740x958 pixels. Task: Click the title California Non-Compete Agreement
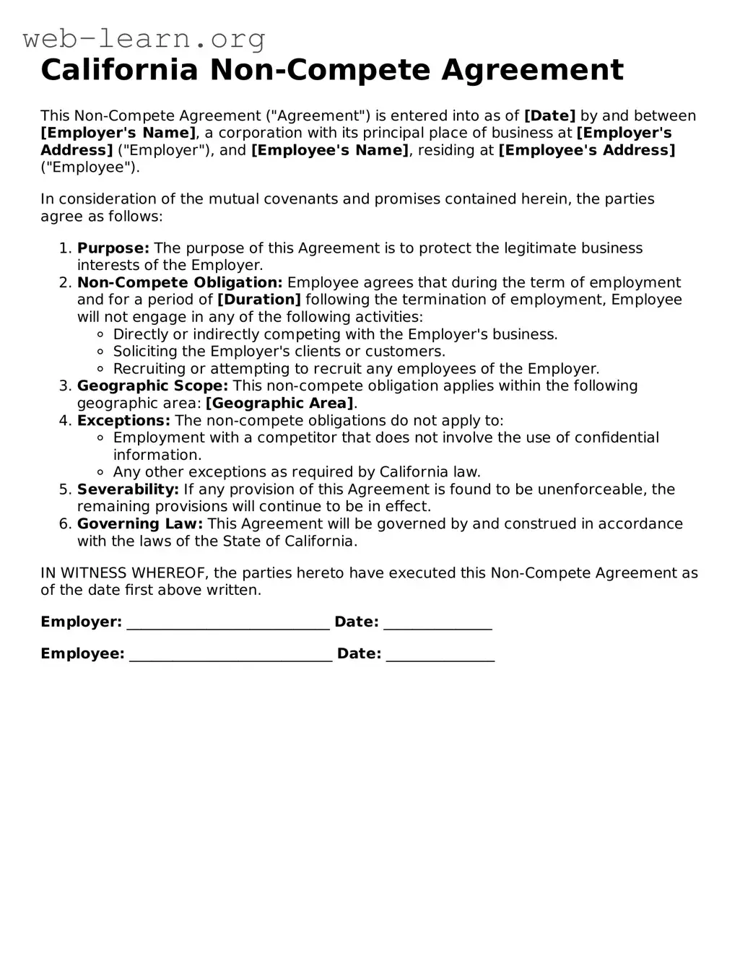332,70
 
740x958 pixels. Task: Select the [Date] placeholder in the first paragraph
549,116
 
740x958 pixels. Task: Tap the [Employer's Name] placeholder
118,133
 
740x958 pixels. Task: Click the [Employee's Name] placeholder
329,150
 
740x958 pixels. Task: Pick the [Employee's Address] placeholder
587,150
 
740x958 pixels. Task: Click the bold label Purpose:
113,248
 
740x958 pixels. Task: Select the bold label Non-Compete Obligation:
180,283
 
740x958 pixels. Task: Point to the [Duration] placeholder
259,300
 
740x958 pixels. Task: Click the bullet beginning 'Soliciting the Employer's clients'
279,352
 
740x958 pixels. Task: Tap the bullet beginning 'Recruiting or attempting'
356,369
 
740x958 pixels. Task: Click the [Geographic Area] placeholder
280,404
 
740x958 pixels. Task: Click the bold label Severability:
128,489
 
